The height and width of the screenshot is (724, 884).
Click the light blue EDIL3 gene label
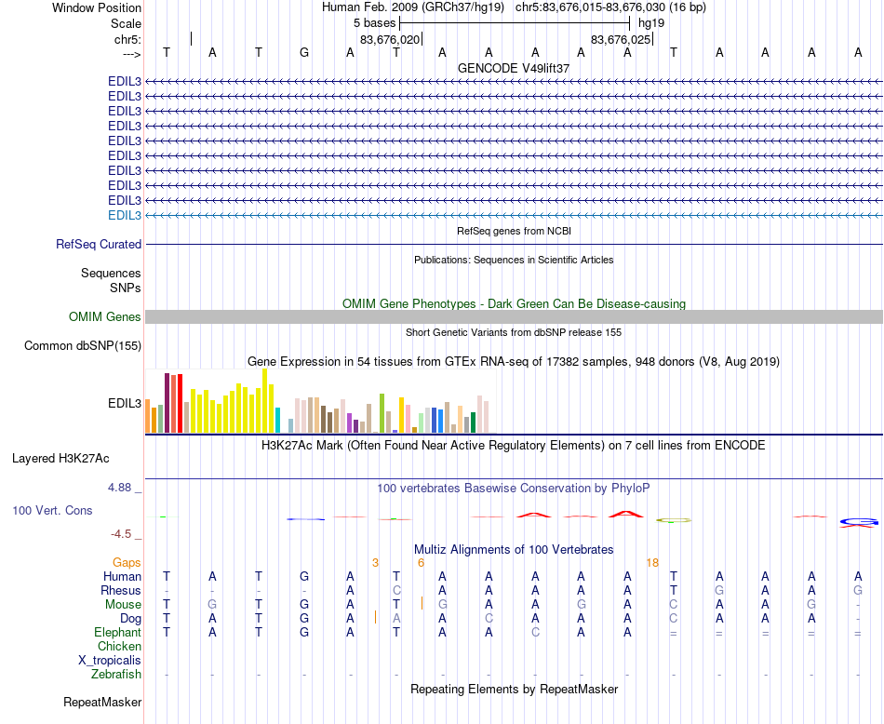[125, 215]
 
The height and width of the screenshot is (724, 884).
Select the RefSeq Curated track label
[99, 244]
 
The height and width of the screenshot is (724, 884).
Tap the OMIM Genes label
[105, 317]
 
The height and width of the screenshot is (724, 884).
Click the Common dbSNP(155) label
[83, 346]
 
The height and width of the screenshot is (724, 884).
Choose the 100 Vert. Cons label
[52, 511]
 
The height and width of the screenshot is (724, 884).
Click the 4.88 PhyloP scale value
[124, 487]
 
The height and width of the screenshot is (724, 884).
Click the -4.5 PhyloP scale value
[121, 534]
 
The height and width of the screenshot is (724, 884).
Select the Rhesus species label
[122, 590]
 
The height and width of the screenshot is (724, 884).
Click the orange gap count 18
[652, 562]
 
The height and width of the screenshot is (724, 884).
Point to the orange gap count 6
[421, 562]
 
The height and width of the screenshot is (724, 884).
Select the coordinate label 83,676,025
[620, 39]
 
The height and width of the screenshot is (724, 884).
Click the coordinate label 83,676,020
[390, 39]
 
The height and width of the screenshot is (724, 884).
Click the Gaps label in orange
[127, 562]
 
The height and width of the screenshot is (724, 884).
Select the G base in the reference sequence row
[304, 52]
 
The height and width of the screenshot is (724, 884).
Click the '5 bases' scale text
[374, 21]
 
